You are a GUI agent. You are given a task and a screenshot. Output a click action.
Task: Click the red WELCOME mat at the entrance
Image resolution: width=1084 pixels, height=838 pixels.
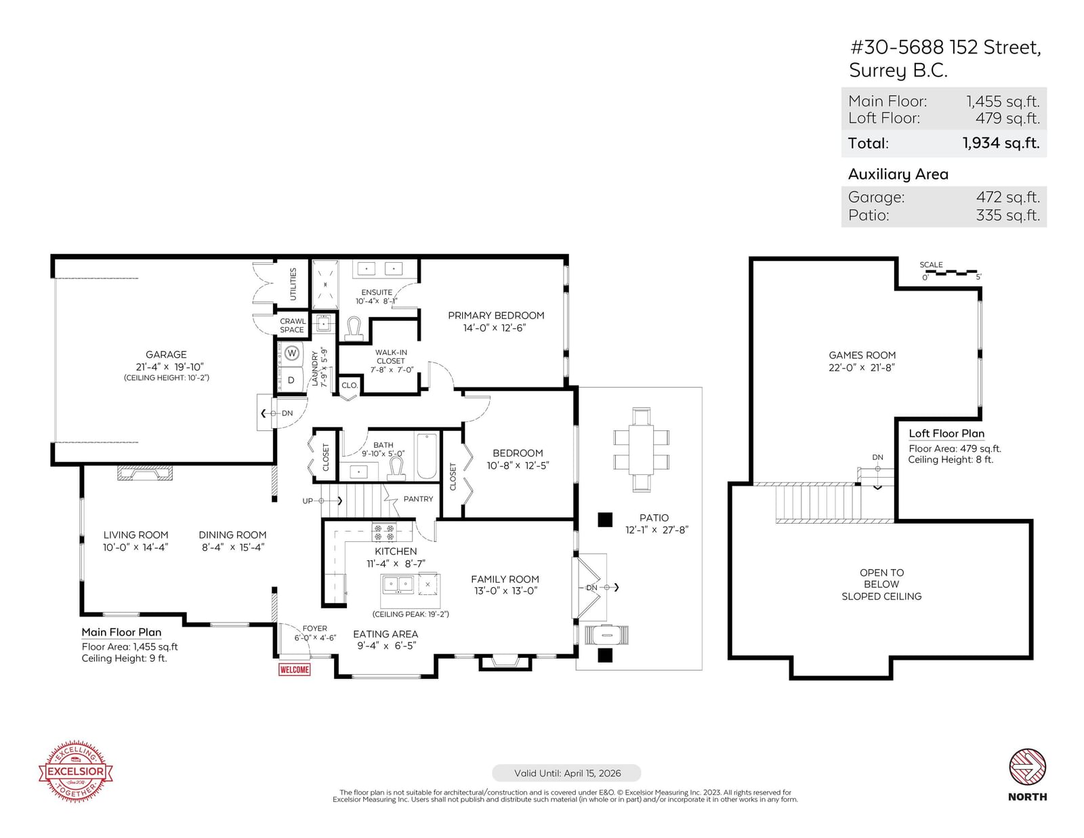(x=294, y=669)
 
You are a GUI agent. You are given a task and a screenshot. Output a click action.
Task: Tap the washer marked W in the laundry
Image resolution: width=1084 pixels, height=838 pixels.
(x=292, y=353)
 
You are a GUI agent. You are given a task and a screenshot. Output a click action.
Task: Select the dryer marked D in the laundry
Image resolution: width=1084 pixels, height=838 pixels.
(x=291, y=380)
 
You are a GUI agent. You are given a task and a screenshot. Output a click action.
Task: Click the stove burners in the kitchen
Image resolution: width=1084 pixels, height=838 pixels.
(x=384, y=532)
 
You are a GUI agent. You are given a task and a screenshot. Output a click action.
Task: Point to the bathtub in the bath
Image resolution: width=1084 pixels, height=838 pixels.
(x=427, y=457)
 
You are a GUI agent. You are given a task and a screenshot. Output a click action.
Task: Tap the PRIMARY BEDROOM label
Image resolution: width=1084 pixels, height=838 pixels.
(x=495, y=315)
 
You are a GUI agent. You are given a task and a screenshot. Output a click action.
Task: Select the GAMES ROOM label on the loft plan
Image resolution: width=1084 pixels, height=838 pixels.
(x=862, y=355)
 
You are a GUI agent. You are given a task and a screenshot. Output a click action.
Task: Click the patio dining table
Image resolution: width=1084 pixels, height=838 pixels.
(x=641, y=449)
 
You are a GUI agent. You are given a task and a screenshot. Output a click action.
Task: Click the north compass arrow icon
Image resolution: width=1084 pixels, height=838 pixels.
(x=1028, y=767)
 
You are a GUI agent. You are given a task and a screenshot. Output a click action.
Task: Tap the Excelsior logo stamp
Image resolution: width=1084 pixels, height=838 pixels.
(x=75, y=771)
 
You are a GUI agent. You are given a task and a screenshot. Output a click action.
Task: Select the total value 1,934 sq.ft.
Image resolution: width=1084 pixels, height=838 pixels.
(x=1001, y=143)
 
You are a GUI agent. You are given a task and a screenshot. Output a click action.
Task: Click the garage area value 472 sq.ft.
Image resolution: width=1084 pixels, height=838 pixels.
(x=1007, y=197)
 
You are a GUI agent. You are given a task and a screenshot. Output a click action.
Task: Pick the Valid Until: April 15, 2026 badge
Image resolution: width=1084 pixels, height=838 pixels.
(x=566, y=773)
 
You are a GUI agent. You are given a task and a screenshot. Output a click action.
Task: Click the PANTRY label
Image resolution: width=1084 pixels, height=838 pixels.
(x=418, y=499)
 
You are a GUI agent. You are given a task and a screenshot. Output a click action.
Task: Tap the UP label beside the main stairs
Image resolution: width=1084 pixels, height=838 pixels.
(x=308, y=501)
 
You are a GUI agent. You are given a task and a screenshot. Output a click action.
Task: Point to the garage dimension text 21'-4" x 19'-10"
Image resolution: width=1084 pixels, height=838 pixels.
(x=169, y=367)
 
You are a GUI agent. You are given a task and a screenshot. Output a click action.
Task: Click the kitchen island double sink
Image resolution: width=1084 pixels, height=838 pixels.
(x=397, y=583)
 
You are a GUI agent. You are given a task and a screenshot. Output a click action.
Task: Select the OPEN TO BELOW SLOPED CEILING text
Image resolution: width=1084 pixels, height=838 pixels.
(x=881, y=584)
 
